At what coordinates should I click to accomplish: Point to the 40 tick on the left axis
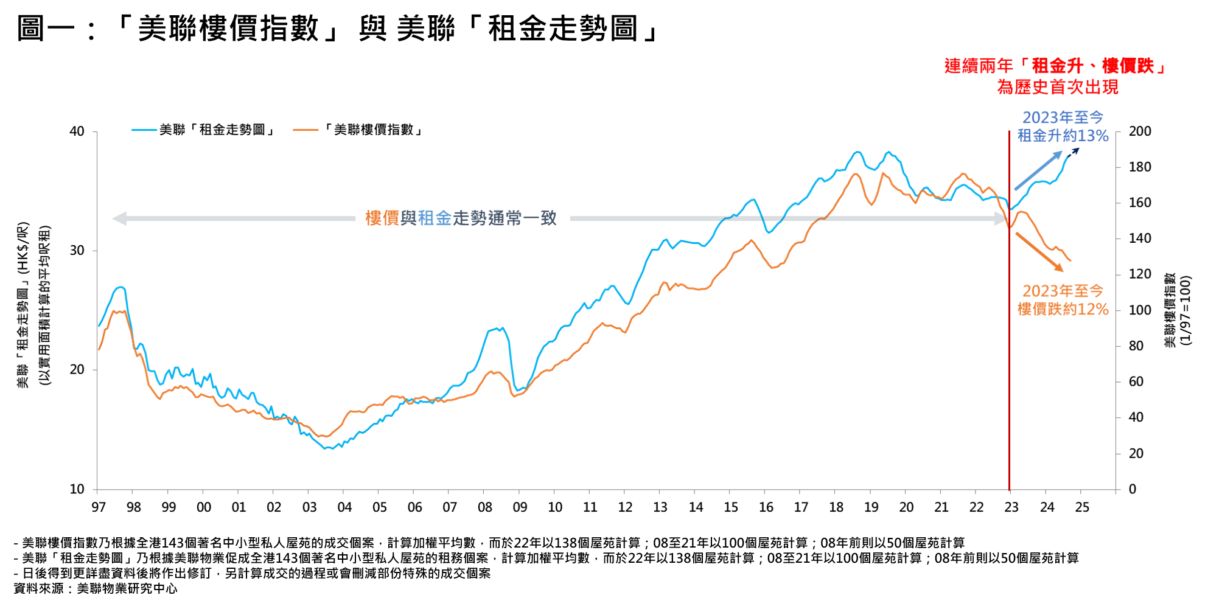(77, 131)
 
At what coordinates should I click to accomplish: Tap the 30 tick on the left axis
(77, 251)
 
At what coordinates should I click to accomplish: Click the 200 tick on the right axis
(1140, 131)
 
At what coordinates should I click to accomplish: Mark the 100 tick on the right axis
(1140, 310)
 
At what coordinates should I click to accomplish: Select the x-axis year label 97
(99, 507)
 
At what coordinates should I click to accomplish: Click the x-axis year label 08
(485, 507)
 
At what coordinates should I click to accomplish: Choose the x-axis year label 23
(1011, 507)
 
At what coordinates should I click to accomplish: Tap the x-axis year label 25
(1082, 507)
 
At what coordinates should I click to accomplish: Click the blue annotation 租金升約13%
(1063, 136)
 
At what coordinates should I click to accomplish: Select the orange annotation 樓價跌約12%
(1063, 309)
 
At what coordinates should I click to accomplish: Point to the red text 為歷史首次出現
(1058, 87)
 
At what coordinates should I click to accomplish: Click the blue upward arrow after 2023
(1038, 171)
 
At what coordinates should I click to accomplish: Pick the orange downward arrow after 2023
(1039, 251)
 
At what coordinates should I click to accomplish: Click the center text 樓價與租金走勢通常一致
(461, 218)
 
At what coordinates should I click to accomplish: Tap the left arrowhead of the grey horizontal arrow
(119, 218)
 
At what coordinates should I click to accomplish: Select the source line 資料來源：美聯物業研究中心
(96, 588)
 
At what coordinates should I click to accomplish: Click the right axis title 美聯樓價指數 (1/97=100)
(1177, 310)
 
